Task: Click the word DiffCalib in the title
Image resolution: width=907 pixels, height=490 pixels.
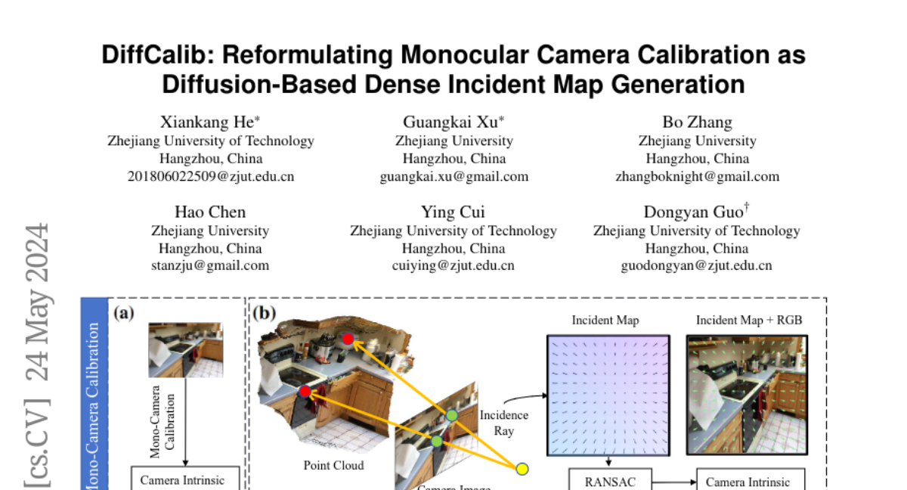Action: pyautogui.click(x=156, y=55)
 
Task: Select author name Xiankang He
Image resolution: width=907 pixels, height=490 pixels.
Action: pyautogui.click(x=210, y=122)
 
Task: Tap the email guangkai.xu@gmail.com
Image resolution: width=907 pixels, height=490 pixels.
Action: pyautogui.click(x=453, y=176)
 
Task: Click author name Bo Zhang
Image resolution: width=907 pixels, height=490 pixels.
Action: pyautogui.click(x=697, y=122)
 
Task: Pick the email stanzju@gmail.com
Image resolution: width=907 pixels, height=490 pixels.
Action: pyautogui.click(x=210, y=265)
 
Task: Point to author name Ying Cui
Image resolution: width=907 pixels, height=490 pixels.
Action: pyautogui.click(x=453, y=212)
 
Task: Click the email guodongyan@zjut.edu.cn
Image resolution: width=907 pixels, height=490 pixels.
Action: pyautogui.click(x=696, y=265)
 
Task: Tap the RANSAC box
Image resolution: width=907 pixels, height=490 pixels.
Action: pyautogui.click(x=608, y=481)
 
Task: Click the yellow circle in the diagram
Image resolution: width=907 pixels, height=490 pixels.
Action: pyautogui.click(x=522, y=469)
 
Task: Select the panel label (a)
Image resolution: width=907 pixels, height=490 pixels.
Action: pyautogui.click(x=124, y=312)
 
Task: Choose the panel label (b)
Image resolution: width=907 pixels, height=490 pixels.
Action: pyautogui.click(x=264, y=312)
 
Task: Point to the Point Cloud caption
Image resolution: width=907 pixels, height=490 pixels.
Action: pyautogui.click(x=333, y=465)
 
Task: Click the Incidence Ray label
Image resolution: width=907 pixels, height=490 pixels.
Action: pyautogui.click(x=503, y=423)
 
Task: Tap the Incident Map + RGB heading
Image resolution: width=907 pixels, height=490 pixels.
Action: pyautogui.click(x=749, y=320)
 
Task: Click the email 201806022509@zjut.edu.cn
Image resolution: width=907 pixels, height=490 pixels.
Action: pyautogui.click(x=210, y=176)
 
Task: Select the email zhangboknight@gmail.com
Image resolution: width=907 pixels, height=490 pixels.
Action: pyautogui.click(x=697, y=176)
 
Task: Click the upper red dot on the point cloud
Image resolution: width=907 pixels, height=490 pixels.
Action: pyautogui.click(x=348, y=338)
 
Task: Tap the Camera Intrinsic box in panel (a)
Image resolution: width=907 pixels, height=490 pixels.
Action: pyautogui.click(x=182, y=479)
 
